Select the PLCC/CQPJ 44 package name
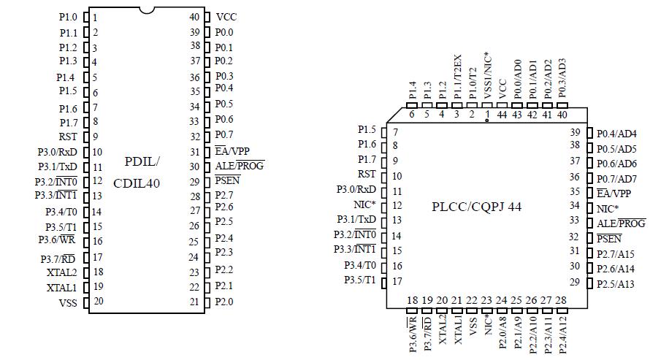click(487, 207)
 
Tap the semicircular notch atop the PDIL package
click(148, 10)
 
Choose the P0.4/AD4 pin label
click(616, 134)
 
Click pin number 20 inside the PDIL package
click(98, 301)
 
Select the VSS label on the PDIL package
click(67, 302)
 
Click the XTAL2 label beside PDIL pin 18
click(61, 272)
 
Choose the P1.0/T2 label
click(473, 82)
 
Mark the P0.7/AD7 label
click(616, 179)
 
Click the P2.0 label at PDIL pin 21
click(224, 301)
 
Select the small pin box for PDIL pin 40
click(207, 17)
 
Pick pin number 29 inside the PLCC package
click(575, 282)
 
